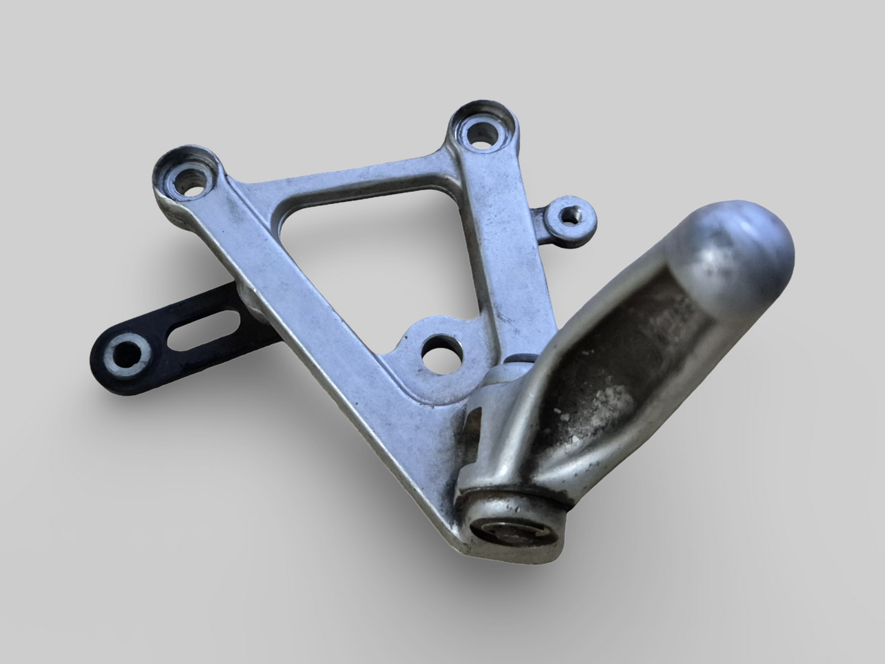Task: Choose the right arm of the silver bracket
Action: point(490,245)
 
